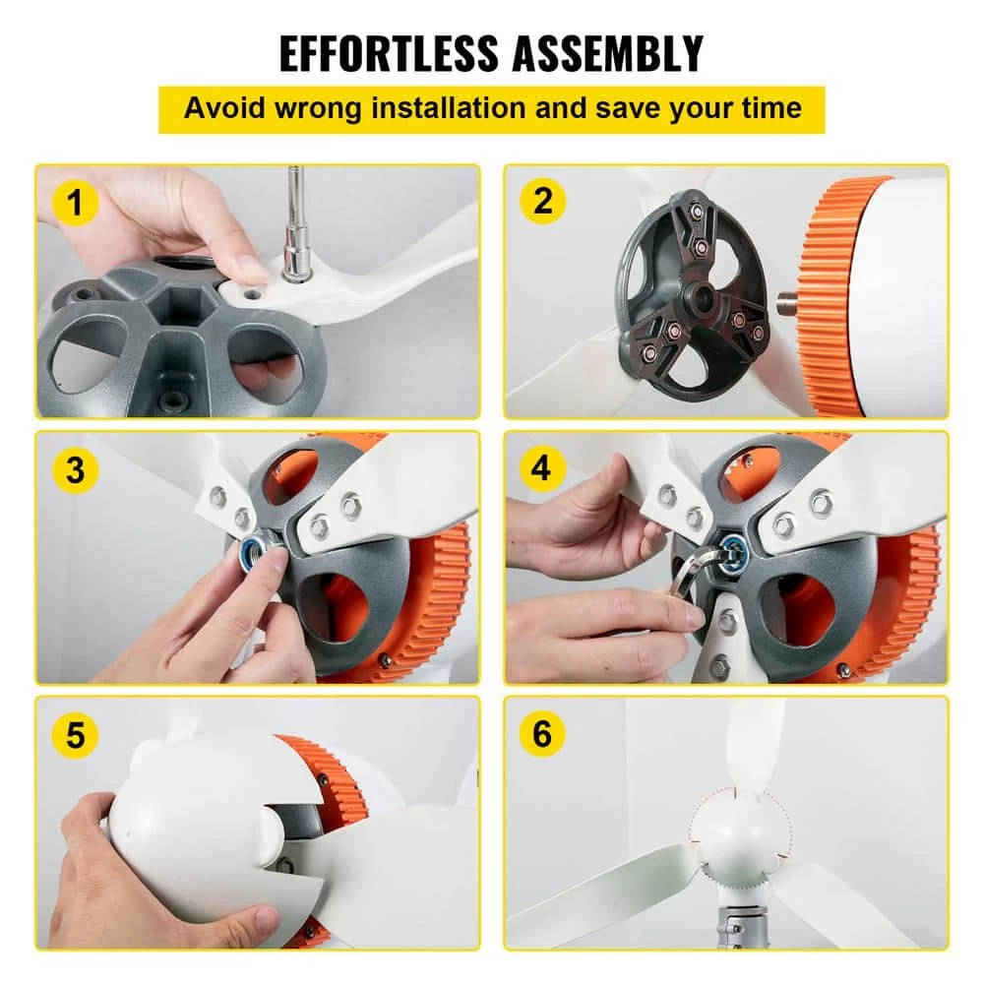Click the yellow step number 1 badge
pos(77,204)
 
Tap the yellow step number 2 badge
pos(542,202)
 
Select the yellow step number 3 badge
pos(76,469)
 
